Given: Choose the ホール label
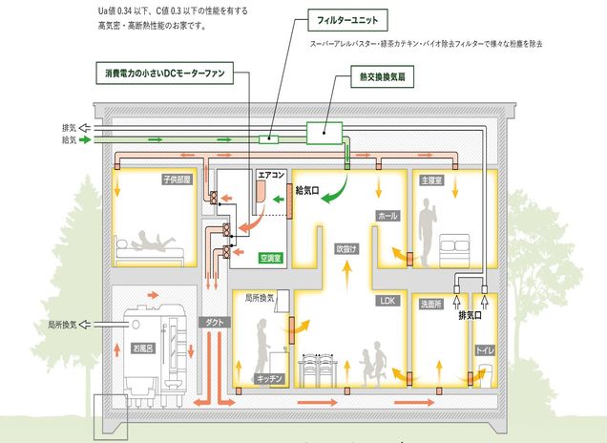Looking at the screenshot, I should (387, 216).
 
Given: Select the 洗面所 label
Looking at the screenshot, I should (432, 306).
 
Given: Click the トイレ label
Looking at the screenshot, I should (485, 351).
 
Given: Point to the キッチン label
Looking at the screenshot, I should (269, 379).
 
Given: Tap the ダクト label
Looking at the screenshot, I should (214, 323).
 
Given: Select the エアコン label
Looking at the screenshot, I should (271, 176).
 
